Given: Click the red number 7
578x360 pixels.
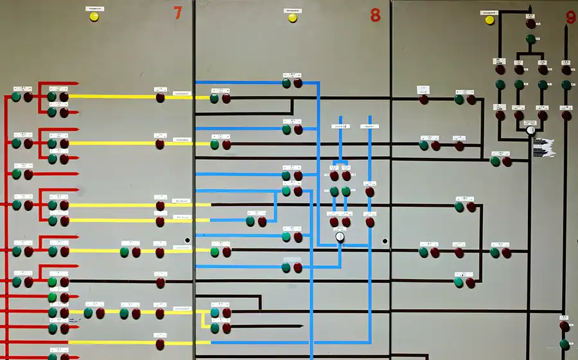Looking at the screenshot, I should [179, 13].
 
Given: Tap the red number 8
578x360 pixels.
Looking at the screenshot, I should [375, 15].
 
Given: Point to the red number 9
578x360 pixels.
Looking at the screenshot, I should [571, 17].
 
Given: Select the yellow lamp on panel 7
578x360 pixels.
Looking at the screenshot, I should [94, 17].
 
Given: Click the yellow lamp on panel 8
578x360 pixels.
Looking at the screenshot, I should [292, 18].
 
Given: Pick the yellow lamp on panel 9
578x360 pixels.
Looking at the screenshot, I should [490, 20].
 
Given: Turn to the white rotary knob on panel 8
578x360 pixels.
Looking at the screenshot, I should [340, 237].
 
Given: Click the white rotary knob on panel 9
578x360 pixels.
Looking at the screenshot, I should [530, 130].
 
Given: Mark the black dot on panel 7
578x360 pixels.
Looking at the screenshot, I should [188, 241].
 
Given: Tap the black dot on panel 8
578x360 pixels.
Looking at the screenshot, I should [385, 241].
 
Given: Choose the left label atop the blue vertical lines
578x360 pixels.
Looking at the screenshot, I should [339, 127].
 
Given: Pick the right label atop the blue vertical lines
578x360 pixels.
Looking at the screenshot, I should [370, 127].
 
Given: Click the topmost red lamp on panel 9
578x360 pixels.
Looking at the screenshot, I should [530, 24].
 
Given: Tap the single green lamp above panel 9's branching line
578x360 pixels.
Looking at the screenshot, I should [530, 39].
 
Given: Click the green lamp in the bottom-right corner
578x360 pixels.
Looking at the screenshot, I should [564, 344].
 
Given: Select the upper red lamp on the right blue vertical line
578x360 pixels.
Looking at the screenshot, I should [370, 191].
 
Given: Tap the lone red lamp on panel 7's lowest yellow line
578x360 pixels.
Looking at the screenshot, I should [160, 344].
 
